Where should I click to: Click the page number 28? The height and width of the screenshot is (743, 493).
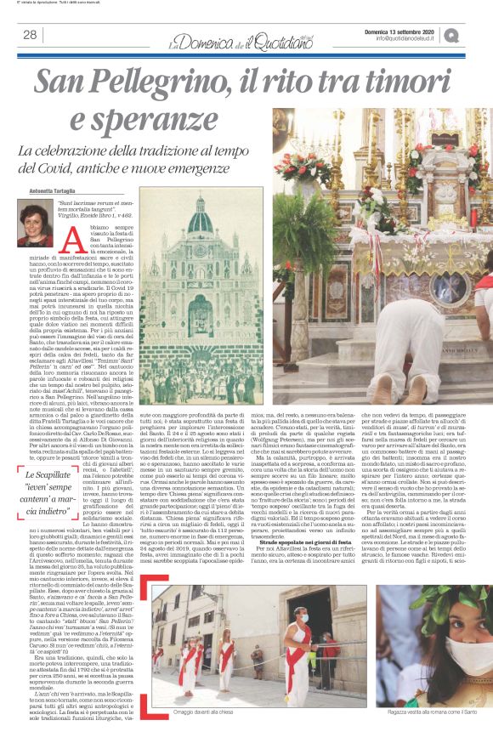click(x=30, y=35)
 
